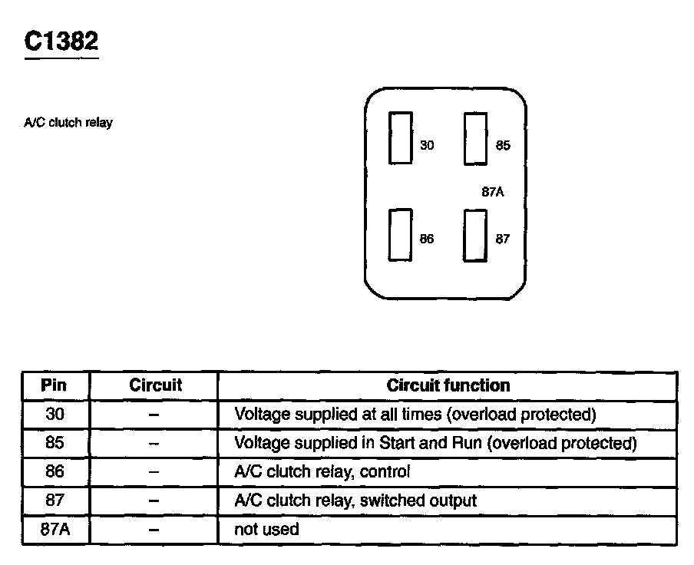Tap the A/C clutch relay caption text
(68, 123)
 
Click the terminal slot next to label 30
(400, 137)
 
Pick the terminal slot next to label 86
(400, 235)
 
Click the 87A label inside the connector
(493, 193)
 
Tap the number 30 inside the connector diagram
(427, 145)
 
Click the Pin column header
(55, 385)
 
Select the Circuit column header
(155, 385)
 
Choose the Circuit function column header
(448, 385)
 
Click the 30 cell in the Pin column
(55, 415)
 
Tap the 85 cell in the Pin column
(55, 443)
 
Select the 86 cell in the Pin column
(55, 472)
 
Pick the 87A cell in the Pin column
(55, 530)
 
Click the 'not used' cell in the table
(266, 530)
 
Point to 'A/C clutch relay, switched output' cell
(355, 501)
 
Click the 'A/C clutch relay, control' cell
(322, 472)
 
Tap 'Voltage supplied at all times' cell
(415, 415)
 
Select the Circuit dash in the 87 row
(154, 501)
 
